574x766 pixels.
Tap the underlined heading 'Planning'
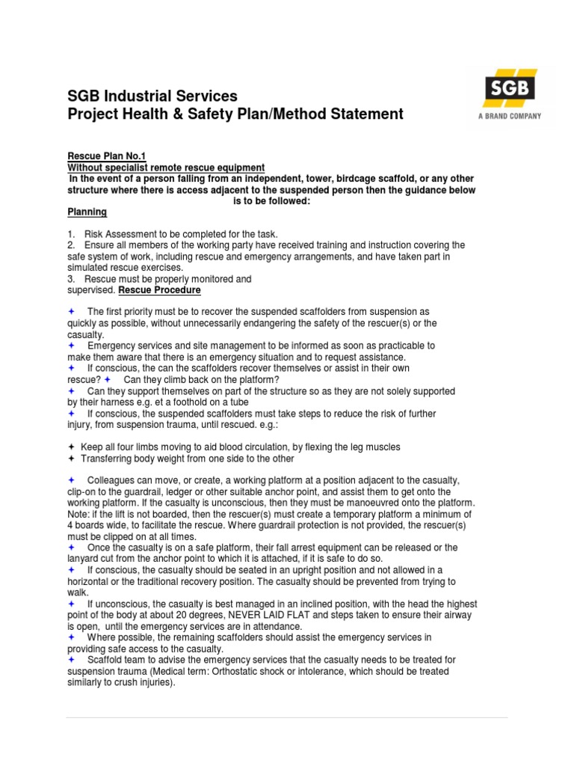87,212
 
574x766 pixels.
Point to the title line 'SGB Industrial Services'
152,96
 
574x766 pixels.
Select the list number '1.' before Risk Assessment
72,234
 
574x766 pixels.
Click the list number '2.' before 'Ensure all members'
72,245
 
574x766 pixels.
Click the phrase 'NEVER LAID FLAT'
262,614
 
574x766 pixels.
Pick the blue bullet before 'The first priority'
72,311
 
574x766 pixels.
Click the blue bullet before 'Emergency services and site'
72,346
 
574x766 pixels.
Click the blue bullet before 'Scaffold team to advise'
72,660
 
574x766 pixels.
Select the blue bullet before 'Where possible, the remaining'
72,637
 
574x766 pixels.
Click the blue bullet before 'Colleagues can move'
72,479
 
